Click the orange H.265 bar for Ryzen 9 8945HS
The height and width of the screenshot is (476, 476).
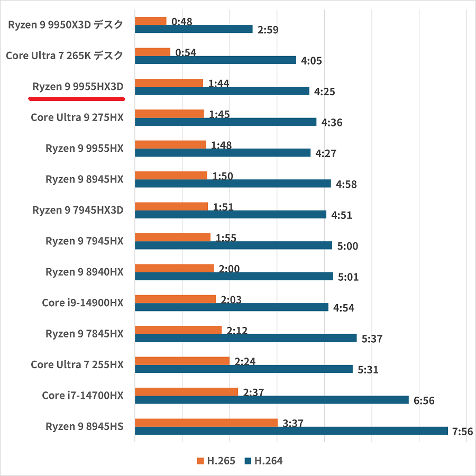pyautogui.click(x=206, y=423)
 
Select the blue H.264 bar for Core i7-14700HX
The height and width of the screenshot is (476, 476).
pyautogui.click(x=271, y=400)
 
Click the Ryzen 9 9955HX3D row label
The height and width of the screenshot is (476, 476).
pyautogui.click(x=78, y=87)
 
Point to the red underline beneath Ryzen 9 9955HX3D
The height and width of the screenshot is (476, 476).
pyautogui.click(x=76, y=98)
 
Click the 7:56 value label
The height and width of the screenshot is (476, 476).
pyautogui.click(x=463, y=432)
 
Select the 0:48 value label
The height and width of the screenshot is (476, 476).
pyautogui.click(x=182, y=22)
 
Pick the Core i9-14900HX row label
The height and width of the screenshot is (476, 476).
pyautogui.click(x=83, y=303)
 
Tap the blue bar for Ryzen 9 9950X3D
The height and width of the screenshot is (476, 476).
pyautogui.click(x=194, y=29)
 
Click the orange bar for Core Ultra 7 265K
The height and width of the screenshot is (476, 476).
pyautogui.click(x=152, y=52)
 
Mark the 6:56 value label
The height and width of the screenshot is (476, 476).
pyautogui.click(x=424, y=401)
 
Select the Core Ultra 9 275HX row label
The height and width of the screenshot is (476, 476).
pyautogui.click(x=77, y=117)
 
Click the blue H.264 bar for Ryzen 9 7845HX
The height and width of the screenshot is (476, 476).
pyautogui.click(x=245, y=338)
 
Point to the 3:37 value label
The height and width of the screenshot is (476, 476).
pyautogui.click(x=293, y=424)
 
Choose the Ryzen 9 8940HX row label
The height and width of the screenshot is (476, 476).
pyautogui.click(x=85, y=272)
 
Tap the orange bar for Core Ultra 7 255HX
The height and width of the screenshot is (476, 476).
pyautogui.click(x=182, y=361)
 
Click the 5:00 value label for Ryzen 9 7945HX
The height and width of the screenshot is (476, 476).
pyautogui.click(x=347, y=246)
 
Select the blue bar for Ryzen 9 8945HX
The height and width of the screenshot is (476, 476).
pyautogui.click(x=233, y=184)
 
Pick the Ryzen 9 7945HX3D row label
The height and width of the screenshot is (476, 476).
pyautogui.click(x=78, y=210)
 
